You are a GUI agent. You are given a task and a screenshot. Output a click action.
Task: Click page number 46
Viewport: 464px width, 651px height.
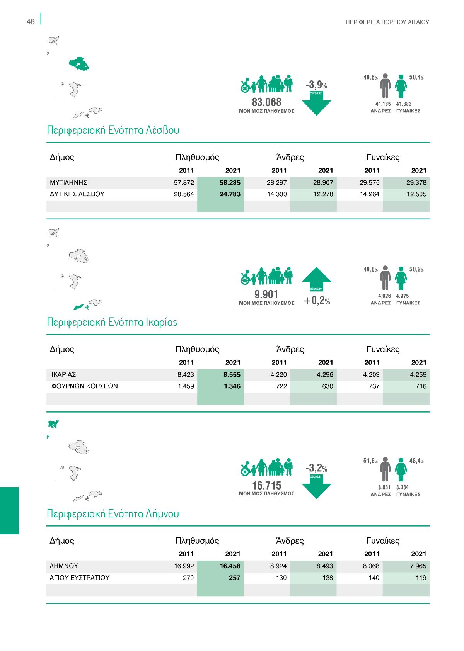pos(31,22)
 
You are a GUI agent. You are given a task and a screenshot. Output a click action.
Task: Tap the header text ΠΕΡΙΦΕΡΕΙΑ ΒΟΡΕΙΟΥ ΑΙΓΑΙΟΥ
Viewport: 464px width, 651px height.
pos(387,22)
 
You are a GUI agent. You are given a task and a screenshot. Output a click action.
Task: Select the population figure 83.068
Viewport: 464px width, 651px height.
pos(266,102)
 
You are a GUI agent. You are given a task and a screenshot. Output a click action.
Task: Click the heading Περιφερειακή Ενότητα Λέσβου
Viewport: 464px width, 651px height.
pos(113,130)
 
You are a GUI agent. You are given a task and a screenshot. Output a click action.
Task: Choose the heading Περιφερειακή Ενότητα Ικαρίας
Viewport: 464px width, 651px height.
pos(112,322)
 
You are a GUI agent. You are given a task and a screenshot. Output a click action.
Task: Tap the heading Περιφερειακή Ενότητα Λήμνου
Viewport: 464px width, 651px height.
pos(113,514)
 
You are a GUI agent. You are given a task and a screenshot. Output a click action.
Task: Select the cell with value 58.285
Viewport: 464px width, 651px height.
pos(230,183)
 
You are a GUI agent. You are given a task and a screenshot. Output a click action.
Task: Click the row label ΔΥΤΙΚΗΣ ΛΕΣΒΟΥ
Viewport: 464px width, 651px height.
pos(77,194)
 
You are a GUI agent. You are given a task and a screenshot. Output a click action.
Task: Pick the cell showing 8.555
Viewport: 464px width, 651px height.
pos(232,375)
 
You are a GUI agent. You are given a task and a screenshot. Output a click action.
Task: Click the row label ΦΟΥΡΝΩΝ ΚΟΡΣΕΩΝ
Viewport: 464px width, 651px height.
pos(84,386)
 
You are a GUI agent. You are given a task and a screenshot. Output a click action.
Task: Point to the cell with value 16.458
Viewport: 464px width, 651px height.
pos(230,566)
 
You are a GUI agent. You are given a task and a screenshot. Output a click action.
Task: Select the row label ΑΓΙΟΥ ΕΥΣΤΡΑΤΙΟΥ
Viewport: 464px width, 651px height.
pos(79,578)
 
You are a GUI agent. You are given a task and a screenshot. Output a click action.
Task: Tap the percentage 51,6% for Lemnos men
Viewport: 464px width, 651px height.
pos(370,461)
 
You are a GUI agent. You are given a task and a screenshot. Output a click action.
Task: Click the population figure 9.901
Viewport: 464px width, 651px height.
pos(266,294)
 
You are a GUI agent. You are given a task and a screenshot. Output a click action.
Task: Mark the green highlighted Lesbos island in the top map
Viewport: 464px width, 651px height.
pos(79,64)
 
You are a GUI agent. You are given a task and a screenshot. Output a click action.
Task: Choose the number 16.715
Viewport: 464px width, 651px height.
pos(266,486)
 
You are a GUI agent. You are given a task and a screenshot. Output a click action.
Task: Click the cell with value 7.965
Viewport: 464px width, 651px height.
pos(418,566)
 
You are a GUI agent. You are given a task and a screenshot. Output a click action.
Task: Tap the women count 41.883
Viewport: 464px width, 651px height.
pos(404,104)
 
